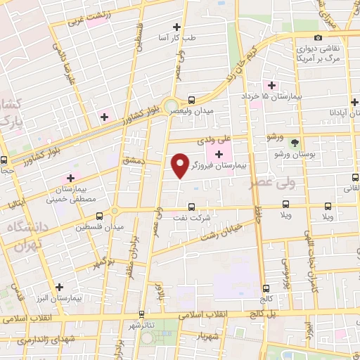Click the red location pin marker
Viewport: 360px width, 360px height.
click(x=180, y=165)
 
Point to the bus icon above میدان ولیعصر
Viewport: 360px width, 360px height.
click(x=192, y=100)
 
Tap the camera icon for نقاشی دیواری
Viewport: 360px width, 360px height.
click(x=319, y=37)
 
